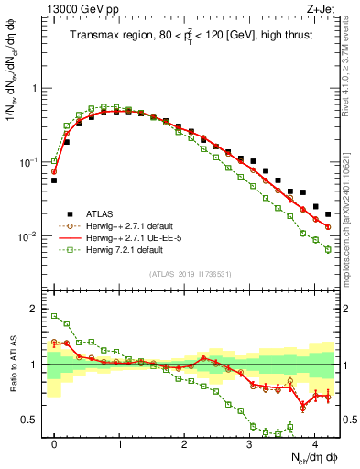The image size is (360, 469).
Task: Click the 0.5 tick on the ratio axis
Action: (x=33, y=420)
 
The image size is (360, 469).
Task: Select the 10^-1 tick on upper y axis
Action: (x=29, y=162)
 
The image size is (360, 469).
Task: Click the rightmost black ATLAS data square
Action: (x=328, y=214)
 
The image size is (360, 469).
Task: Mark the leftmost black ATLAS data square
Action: (x=54, y=180)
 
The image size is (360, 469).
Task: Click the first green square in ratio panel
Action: (x=54, y=316)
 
